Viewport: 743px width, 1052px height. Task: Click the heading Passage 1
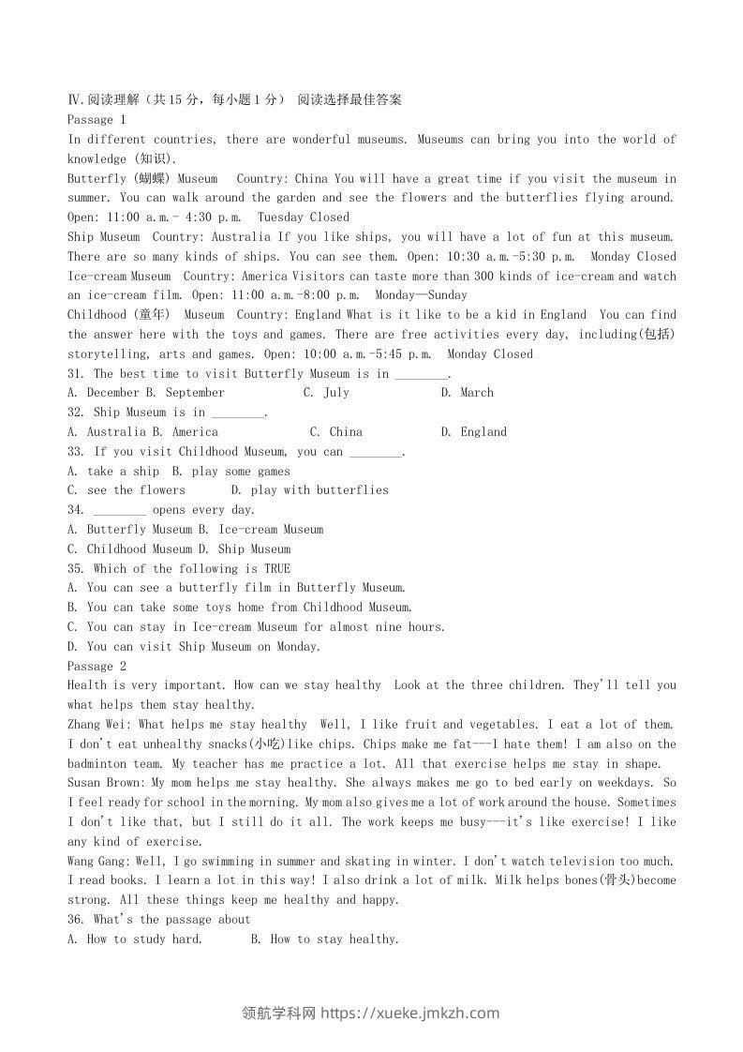97,120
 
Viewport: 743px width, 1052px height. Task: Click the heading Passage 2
97,666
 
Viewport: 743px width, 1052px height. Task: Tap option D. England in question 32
473,432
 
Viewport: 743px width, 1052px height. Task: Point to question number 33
76,452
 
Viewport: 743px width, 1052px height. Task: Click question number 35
76,569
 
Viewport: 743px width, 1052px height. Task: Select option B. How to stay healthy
325,939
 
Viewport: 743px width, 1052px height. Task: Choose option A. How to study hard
135,939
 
